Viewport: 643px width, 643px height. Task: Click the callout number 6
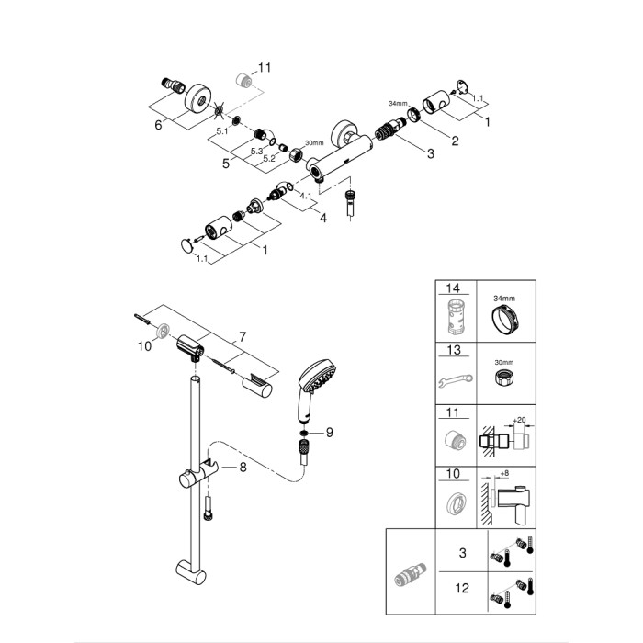pyautogui.click(x=158, y=125)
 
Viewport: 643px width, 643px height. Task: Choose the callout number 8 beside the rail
pyautogui.click(x=243, y=467)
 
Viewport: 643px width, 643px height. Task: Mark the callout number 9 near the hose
pyautogui.click(x=330, y=433)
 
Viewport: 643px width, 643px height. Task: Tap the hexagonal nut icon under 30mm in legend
pyautogui.click(x=502, y=380)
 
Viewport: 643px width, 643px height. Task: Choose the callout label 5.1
pyautogui.click(x=221, y=131)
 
